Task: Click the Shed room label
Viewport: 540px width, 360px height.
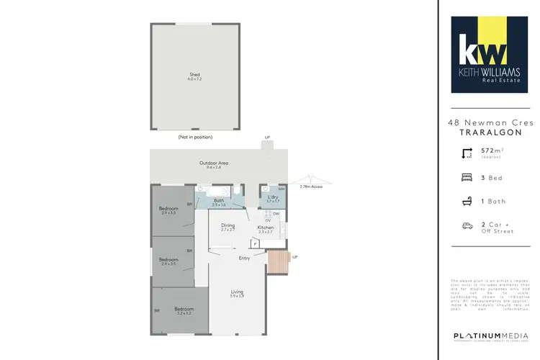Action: point(194,76)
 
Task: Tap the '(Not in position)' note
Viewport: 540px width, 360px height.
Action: point(195,137)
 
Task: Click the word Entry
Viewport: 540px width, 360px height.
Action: point(245,258)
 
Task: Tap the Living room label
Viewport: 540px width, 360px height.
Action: point(238,292)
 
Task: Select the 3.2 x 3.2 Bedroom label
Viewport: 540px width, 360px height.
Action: point(184,310)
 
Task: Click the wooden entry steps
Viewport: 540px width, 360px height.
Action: point(277,262)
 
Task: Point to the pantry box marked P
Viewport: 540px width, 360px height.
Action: point(255,244)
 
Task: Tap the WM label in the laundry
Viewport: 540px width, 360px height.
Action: point(282,189)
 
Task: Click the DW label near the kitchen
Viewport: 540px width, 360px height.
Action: point(276,213)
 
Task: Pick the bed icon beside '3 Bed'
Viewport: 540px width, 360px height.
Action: point(465,177)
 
